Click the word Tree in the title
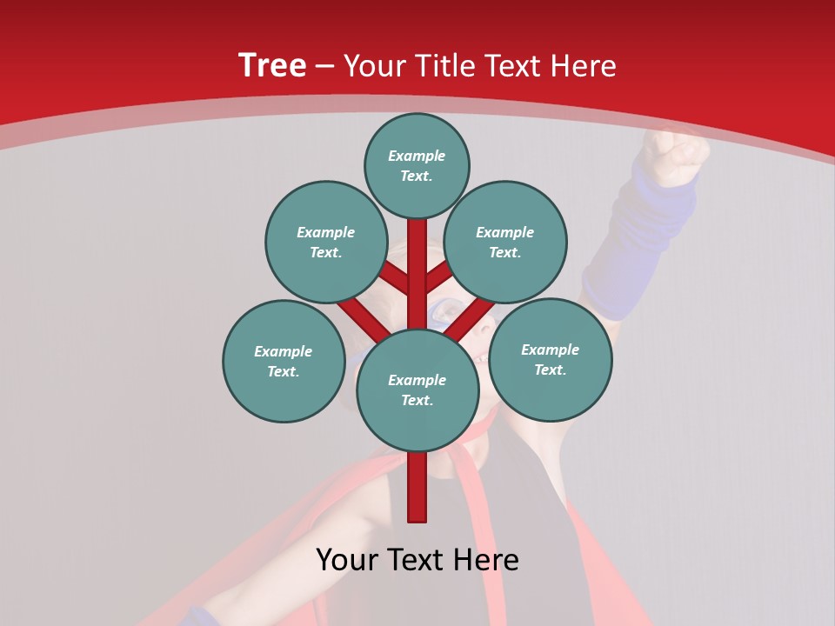[x=272, y=66]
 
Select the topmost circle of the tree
[x=417, y=165]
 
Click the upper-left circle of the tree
[x=326, y=242]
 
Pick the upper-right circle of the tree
[x=505, y=242]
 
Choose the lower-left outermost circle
[x=284, y=361]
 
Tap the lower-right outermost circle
[x=550, y=359]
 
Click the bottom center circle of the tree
[x=417, y=390]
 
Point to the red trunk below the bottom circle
[x=417, y=487]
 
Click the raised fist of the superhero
[x=675, y=156]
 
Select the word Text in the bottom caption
[x=421, y=560]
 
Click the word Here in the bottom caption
[x=491, y=560]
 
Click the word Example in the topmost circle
[x=417, y=156]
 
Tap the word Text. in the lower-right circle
[x=550, y=370]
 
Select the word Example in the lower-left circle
[x=283, y=352]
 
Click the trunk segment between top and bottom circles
[x=417, y=270]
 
